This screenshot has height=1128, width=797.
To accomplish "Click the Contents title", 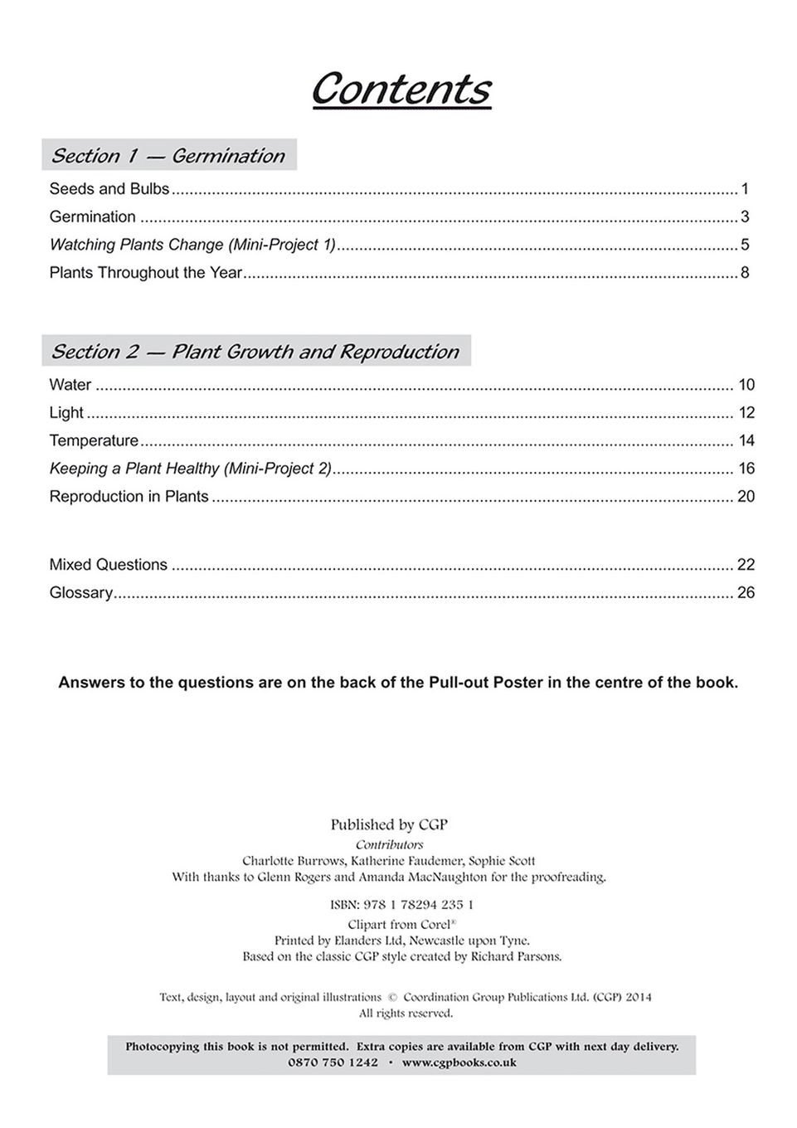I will click(401, 89).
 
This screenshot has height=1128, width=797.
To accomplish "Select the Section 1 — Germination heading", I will click(168, 156).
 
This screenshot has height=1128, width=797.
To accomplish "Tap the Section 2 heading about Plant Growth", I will click(255, 352).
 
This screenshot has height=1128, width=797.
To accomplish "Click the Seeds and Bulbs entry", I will click(109, 189).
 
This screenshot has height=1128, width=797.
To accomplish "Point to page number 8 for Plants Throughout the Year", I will click(745, 273).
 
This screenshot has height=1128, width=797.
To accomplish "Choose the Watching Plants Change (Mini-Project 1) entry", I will click(192, 245).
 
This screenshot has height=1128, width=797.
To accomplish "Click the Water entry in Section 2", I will click(70, 385).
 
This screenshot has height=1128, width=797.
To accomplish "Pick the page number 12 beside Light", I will click(746, 413).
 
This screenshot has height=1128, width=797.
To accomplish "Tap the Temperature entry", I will click(94, 440).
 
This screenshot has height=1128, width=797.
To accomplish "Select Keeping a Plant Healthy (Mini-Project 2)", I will click(190, 469).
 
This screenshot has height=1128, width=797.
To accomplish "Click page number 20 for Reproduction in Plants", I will click(746, 497).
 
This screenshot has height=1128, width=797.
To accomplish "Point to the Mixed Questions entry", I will click(108, 565).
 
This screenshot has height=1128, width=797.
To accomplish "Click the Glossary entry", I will click(80, 593).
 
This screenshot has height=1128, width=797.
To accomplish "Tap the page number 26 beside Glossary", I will click(746, 593).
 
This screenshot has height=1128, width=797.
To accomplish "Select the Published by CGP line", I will click(389, 824).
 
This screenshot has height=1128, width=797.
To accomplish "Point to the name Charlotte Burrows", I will click(292, 861).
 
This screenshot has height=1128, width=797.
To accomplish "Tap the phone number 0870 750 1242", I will click(333, 1062).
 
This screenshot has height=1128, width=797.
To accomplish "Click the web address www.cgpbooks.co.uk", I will click(459, 1062).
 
